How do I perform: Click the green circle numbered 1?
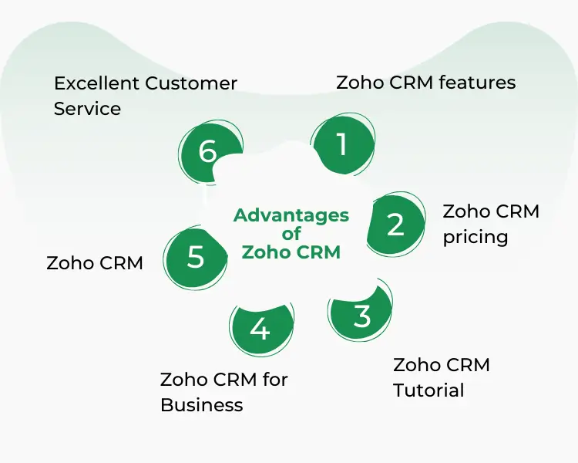click(x=342, y=144)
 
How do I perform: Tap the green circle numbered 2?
click(x=395, y=225)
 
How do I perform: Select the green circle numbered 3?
click(x=361, y=316)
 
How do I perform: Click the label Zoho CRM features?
click(x=425, y=83)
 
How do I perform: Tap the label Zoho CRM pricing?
click(x=491, y=224)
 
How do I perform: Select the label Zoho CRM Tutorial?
click(x=442, y=377)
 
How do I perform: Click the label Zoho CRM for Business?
click(x=223, y=392)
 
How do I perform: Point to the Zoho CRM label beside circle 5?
click(x=95, y=262)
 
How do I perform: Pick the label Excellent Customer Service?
click(x=145, y=96)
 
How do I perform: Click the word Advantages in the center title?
click(x=291, y=215)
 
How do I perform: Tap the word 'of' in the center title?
click(x=291, y=234)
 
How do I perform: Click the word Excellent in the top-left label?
click(x=96, y=83)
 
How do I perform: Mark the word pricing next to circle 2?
click(x=475, y=237)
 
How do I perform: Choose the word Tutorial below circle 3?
click(x=428, y=390)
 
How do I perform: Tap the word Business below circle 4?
click(x=201, y=405)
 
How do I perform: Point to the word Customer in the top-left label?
click(x=191, y=83)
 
